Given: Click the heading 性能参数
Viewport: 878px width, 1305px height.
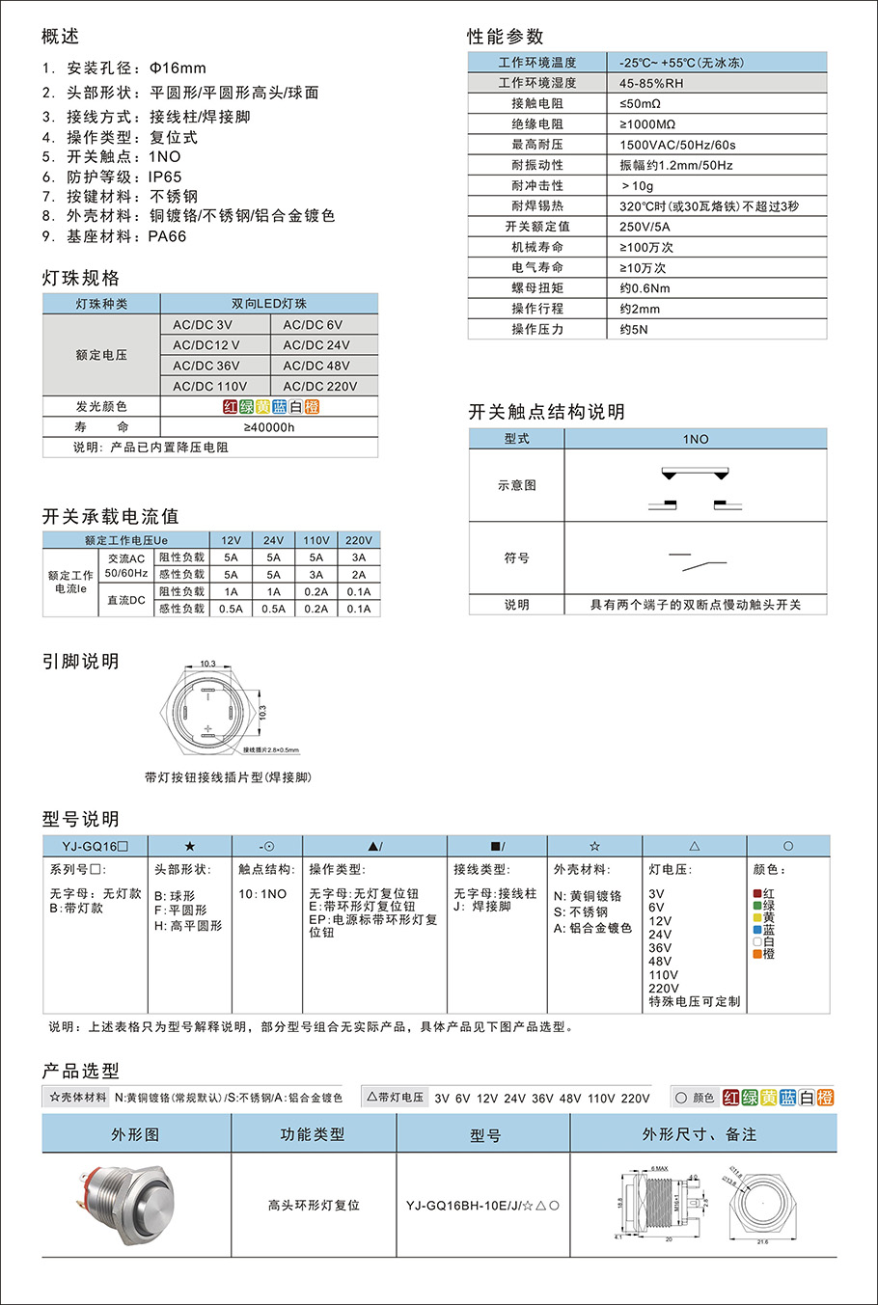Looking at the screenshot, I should pos(506,37).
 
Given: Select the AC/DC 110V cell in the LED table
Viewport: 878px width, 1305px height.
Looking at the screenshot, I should pos(210,386).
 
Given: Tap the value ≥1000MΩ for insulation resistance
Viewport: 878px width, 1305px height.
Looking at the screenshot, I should pos(647,124).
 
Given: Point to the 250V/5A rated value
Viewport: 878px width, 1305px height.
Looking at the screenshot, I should pos(645,227).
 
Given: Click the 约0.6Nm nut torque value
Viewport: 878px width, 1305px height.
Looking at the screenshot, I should pos(645,288).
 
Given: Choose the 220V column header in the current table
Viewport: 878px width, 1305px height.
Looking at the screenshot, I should pos(359,540).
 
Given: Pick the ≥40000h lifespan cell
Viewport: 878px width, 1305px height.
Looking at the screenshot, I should pos(269,427).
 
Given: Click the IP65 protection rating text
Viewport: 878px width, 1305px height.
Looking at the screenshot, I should pos(165,177).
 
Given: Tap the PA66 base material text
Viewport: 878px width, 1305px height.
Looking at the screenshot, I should pos(167,236).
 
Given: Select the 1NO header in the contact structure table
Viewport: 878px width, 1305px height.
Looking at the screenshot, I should pos(696,439).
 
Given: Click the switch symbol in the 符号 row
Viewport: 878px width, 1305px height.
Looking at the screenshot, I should pos(697,558).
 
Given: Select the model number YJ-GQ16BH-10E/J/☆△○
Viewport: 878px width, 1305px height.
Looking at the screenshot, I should pos(482,1206).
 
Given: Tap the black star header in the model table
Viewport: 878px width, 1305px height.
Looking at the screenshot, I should pos(189,846).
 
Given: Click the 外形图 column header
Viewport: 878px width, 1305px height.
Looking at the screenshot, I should pos(136,1134).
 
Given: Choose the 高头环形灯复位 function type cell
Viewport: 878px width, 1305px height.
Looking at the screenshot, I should pos(314,1206).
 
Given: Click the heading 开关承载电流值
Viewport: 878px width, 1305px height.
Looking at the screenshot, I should pos(110,516).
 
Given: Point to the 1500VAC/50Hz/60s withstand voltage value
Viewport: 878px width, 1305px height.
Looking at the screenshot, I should pos(677,145).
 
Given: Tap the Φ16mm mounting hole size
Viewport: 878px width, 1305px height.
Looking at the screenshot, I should pos(178,68).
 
